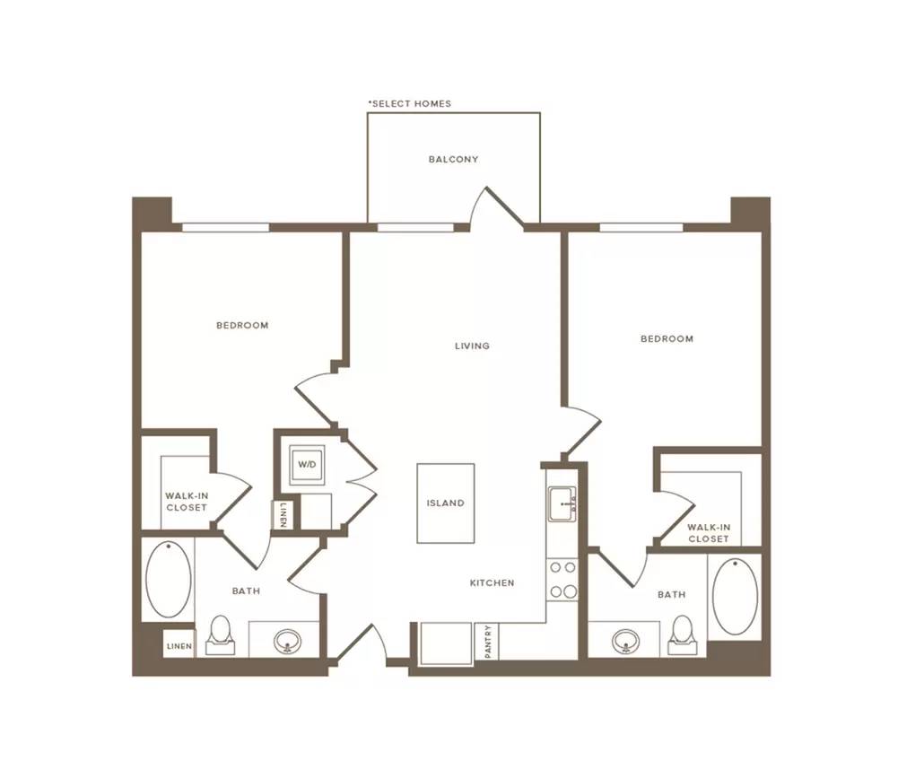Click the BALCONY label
[x=453, y=159]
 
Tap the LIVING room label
[x=472, y=346]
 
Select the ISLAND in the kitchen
[x=446, y=503]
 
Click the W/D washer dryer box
[x=307, y=465]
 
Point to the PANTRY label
[x=488, y=641]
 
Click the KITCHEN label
[x=492, y=583]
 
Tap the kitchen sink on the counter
[x=562, y=503]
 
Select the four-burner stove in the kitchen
[x=562, y=579]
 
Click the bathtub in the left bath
[x=169, y=579]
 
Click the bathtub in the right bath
[x=736, y=597]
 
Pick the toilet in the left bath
[x=220, y=634]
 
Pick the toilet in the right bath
[x=683, y=634]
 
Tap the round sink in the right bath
[x=626, y=641]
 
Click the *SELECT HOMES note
[x=409, y=104]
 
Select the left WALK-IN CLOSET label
[x=187, y=502]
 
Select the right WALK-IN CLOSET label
[x=709, y=533]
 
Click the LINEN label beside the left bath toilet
[x=179, y=646]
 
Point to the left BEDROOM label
[x=242, y=326]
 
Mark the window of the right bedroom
[x=641, y=227]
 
